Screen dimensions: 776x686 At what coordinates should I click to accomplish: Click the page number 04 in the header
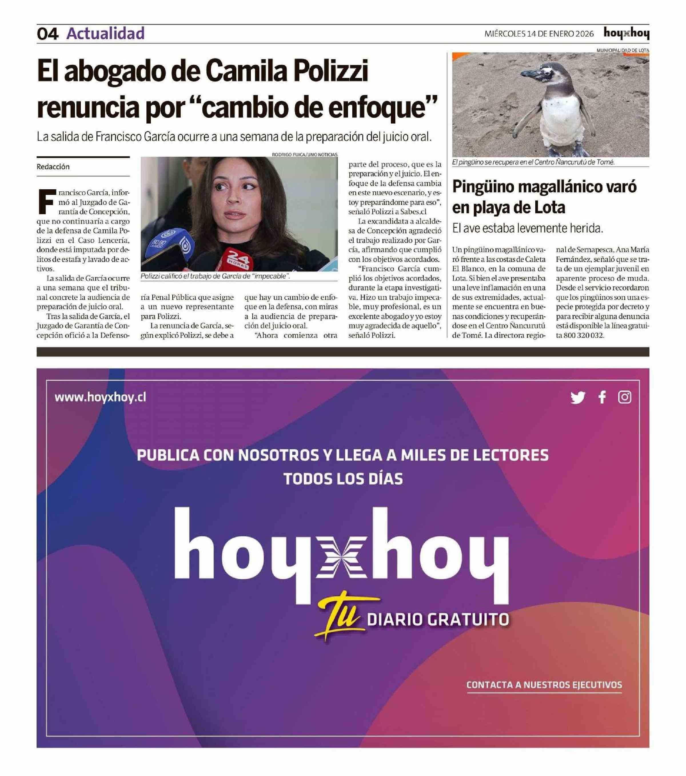pos(47,34)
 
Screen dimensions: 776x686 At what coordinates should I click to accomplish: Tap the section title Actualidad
pos(105,33)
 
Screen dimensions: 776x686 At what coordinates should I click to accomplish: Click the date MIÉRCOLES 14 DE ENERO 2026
pos(539,34)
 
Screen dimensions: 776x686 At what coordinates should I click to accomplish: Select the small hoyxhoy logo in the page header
pos(626,33)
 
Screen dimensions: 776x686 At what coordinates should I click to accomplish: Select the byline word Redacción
pos(53,167)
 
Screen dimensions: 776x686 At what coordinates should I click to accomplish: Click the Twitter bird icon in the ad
pos(577,398)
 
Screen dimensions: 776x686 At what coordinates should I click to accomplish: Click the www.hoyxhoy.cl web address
pos(100,398)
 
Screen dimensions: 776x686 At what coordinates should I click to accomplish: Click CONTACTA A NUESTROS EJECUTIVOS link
pos(544,685)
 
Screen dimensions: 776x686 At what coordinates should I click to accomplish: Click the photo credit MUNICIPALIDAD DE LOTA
pos(623,50)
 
